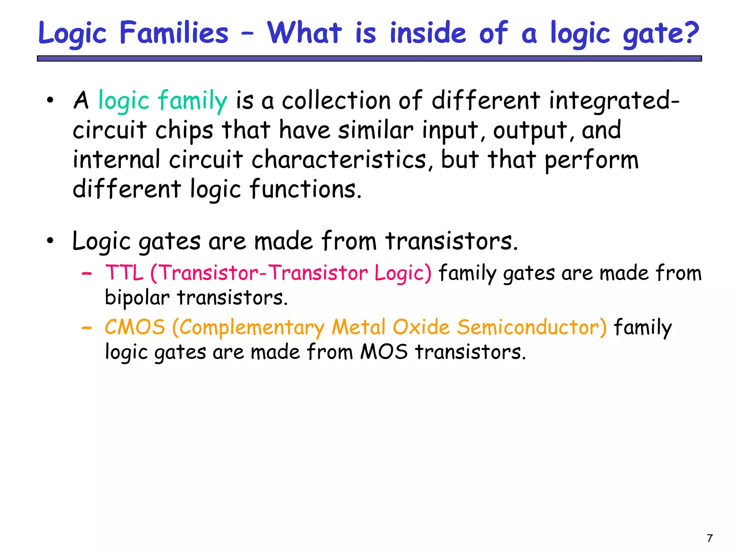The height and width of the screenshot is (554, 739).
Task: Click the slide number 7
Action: click(710, 538)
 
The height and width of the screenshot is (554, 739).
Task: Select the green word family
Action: click(192, 101)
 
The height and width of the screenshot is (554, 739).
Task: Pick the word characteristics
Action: click(339, 159)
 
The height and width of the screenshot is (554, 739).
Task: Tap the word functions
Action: click(305, 189)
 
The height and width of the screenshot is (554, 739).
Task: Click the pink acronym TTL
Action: click(124, 273)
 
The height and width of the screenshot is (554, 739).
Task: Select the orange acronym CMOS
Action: click(135, 327)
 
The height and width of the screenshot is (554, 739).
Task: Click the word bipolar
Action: click(137, 298)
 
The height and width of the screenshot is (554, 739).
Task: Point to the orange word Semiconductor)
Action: click(532, 327)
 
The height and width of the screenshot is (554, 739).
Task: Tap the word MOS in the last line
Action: click(384, 352)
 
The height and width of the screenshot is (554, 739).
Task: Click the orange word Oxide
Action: click(421, 327)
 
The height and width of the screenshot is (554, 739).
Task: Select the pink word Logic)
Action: click(403, 273)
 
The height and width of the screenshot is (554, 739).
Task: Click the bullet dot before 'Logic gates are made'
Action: click(50, 241)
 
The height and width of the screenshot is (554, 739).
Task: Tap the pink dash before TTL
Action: click(87, 274)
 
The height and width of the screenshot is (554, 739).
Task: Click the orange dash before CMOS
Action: click(87, 328)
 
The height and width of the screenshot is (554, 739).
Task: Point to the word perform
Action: click(591, 160)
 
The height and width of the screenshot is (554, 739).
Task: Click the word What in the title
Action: click(304, 33)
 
